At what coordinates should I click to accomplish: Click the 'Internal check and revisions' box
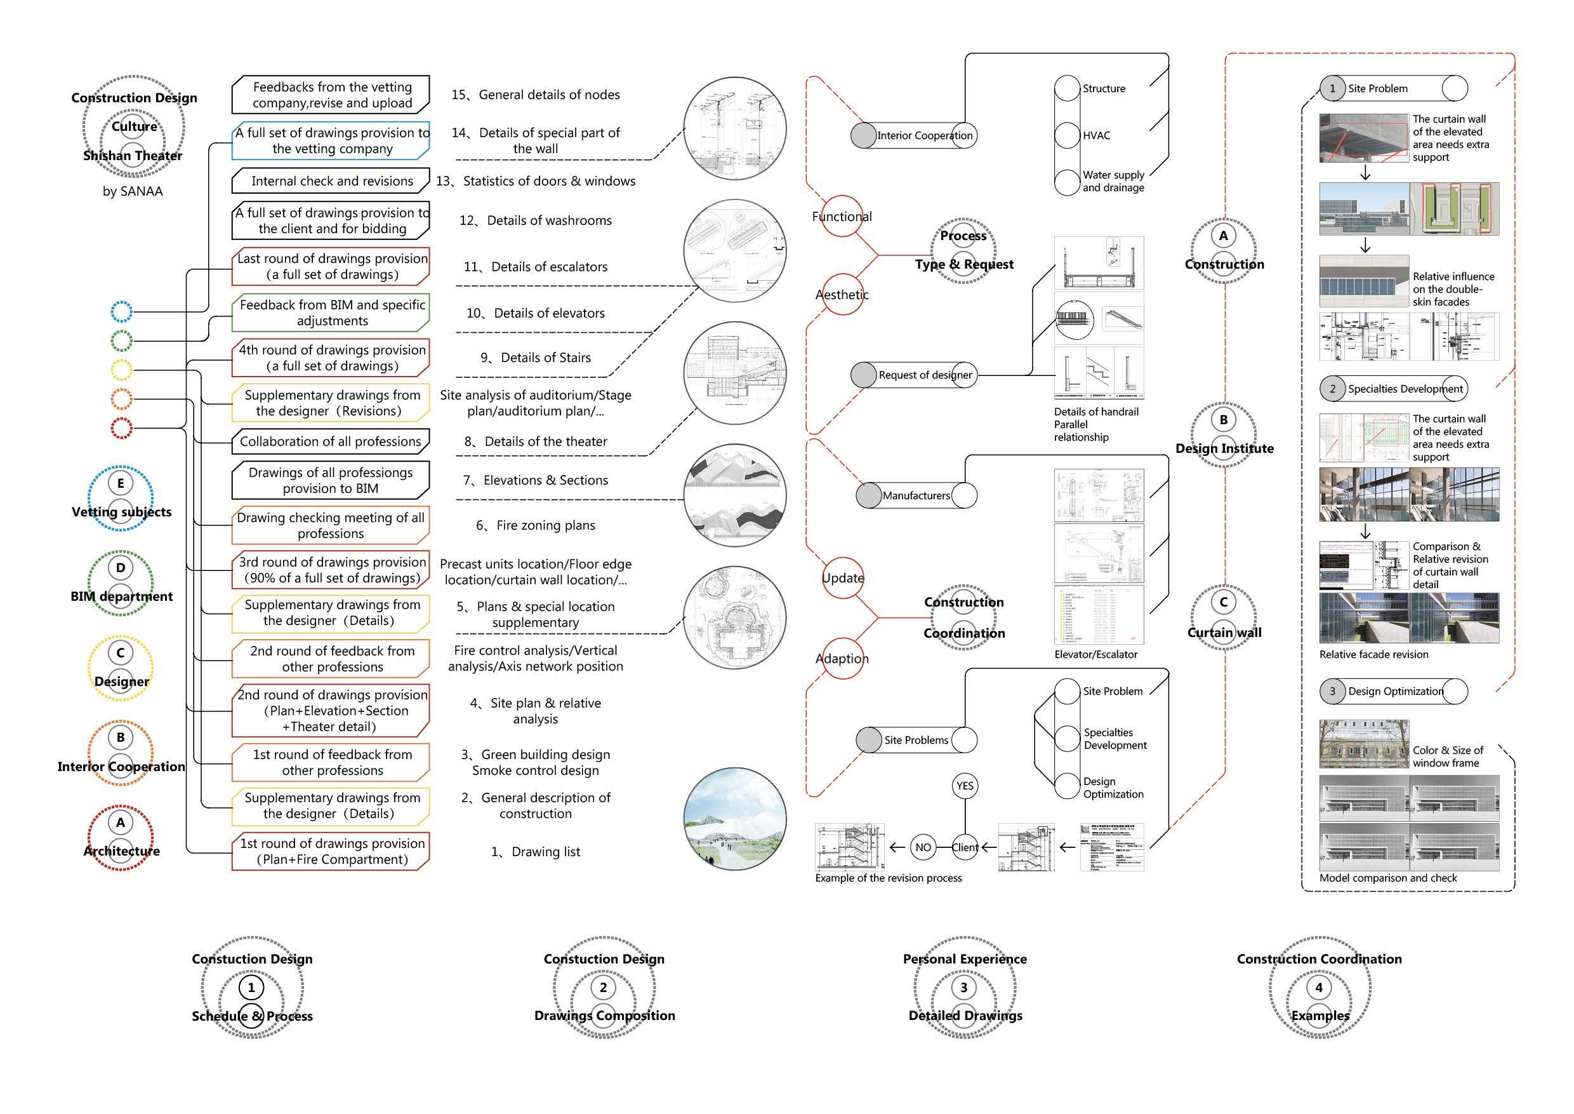click(x=331, y=181)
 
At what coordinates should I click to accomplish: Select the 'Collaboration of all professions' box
click(x=331, y=441)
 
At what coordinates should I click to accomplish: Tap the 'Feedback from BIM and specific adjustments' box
click(x=332, y=313)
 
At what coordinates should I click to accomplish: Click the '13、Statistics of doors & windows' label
click(x=536, y=181)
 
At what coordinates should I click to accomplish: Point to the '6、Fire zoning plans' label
click(x=536, y=525)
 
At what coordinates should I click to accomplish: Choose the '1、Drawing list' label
click(x=536, y=852)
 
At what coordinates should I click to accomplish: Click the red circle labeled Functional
click(x=842, y=216)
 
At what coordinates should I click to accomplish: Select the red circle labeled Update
click(x=842, y=577)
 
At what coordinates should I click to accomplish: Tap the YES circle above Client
click(x=965, y=786)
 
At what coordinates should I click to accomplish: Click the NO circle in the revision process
click(x=923, y=847)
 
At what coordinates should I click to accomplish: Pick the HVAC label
click(x=1096, y=136)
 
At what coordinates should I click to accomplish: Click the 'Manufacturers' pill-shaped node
click(x=916, y=495)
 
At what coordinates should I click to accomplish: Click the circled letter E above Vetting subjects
click(x=121, y=483)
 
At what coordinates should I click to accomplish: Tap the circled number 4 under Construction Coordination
click(x=1319, y=988)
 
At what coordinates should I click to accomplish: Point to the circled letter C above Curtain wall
click(x=1224, y=602)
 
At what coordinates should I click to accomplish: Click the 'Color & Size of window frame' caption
click(x=1447, y=756)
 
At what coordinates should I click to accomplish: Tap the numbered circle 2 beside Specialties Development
click(x=1333, y=389)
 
